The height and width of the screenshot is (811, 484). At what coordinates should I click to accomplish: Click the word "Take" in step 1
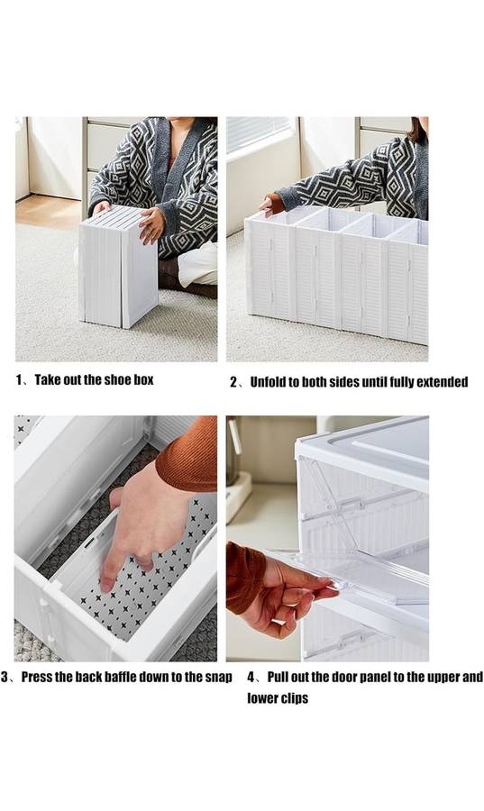tap(47, 380)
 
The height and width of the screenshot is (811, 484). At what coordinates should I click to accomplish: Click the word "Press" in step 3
tap(36, 677)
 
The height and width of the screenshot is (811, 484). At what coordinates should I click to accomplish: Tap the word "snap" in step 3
tap(220, 678)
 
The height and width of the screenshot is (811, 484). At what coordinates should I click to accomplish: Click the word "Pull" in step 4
tap(278, 677)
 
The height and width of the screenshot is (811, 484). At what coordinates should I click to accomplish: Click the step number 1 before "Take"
tap(19, 380)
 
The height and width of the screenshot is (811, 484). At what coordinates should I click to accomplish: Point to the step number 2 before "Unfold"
tap(233, 382)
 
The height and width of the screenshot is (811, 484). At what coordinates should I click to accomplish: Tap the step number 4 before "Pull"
tap(251, 677)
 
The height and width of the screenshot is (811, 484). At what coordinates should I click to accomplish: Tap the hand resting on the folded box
tap(151, 225)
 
